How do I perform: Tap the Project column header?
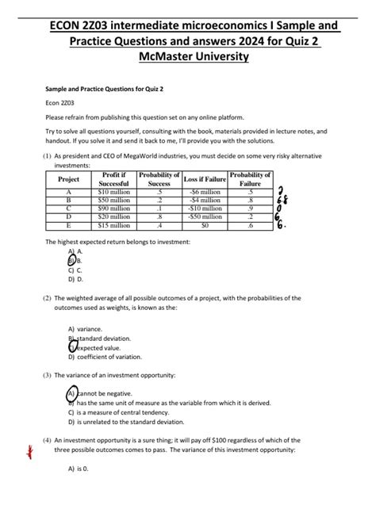click(69, 180)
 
